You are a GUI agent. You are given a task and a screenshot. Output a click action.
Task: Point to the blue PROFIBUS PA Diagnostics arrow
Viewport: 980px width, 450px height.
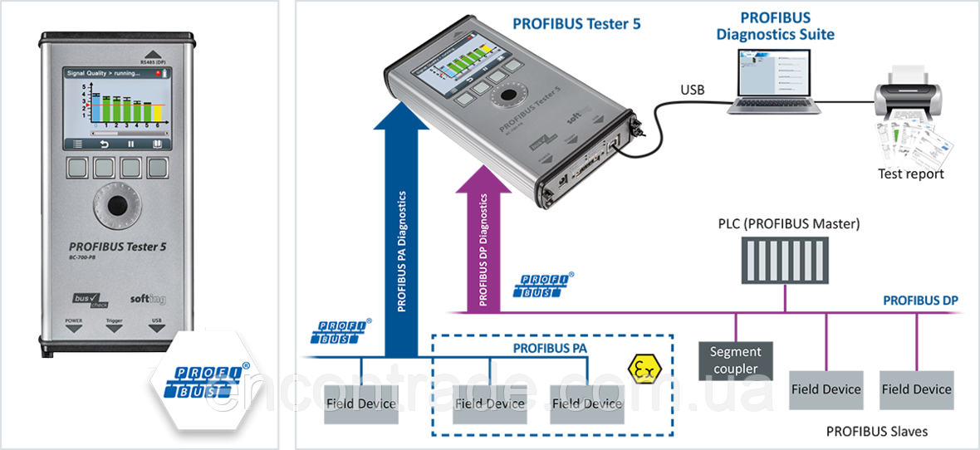pyautogui.click(x=402, y=232)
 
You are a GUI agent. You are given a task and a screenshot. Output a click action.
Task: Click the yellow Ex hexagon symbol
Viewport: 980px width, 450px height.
pyautogui.click(x=640, y=366)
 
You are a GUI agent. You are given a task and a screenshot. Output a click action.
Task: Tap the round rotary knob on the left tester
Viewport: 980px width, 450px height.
pyautogui.click(x=117, y=206)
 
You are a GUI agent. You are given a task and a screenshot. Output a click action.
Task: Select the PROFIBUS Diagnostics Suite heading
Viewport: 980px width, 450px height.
pyautogui.click(x=776, y=26)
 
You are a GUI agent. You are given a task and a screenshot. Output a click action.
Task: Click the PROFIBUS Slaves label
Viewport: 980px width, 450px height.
pyautogui.click(x=877, y=432)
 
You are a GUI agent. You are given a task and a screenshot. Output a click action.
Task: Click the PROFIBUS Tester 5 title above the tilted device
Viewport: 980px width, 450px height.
pyautogui.click(x=576, y=23)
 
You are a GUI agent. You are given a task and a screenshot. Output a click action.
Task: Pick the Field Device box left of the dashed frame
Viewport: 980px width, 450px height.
pyautogui.click(x=361, y=404)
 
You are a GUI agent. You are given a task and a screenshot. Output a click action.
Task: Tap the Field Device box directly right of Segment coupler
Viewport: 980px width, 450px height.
pyautogui.click(x=826, y=389)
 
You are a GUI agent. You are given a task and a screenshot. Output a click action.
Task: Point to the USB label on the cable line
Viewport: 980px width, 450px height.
pyautogui.click(x=690, y=90)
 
